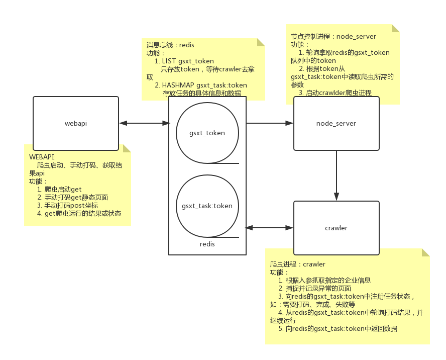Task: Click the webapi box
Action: click(75, 123)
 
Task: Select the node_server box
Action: click(336, 123)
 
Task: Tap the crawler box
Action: click(336, 228)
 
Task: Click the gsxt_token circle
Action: click(207, 133)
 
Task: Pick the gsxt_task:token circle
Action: click(207, 206)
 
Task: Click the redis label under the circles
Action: click(207, 244)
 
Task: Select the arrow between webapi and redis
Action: click(144, 123)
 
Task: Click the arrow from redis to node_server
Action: click(270, 123)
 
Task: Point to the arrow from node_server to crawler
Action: click(336, 175)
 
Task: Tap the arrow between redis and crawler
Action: click(270, 228)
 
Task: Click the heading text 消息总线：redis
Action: click(170, 45)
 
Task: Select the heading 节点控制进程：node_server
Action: click(333, 37)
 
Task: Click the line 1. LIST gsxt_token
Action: click(184, 61)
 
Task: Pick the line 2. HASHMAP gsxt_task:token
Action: click(201, 85)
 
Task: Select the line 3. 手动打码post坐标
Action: click(67, 205)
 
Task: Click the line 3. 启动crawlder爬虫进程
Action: click(335, 93)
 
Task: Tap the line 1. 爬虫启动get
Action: click(59, 189)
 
